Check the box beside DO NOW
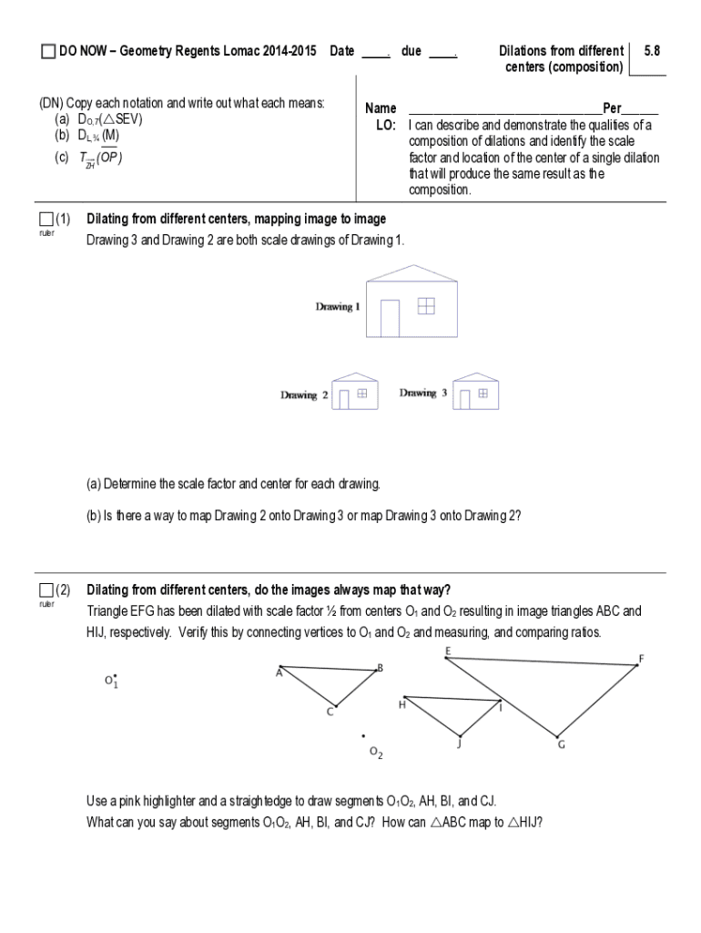click(x=47, y=53)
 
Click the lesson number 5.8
click(x=651, y=52)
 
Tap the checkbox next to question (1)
click(x=46, y=220)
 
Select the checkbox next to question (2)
click(x=46, y=590)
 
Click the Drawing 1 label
click(x=338, y=307)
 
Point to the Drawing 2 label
click(x=299, y=395)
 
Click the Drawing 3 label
click(x=423, y=394)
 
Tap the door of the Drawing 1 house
click(x=390, y=319)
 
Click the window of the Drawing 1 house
click(x=426, y=308)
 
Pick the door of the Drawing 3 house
click(x=464, y=400)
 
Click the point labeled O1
click(x=115, y=675)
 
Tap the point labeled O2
click(x=363, y=736)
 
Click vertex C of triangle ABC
click(x=336, y=705)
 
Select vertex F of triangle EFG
click(x=636, y=665)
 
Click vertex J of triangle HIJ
click(x=461, y=735)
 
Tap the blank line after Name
click(x=504, y=109)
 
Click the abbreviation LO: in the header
click(x=385, y=126)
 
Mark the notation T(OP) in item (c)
click(x=100, y=159)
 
